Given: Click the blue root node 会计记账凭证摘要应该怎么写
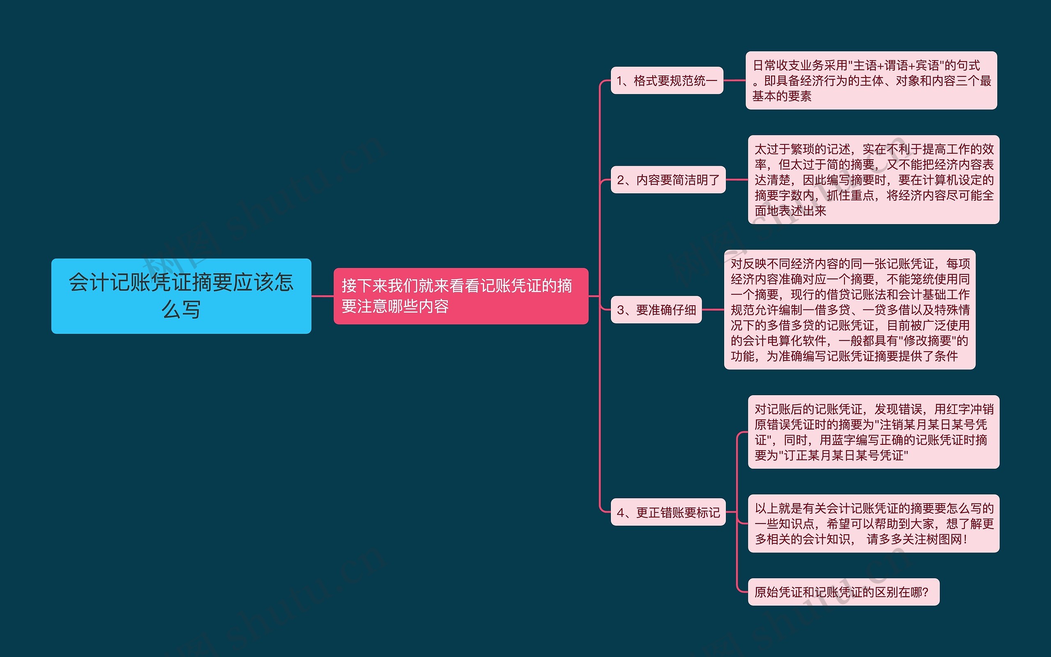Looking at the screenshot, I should point(181,296).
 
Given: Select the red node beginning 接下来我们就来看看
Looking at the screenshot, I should point(460,296).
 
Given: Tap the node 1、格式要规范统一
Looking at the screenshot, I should point(666,80).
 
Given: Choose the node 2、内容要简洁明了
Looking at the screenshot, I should point(668,179).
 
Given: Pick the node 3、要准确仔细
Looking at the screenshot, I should point(656,310).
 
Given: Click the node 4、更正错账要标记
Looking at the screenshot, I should point(668,512).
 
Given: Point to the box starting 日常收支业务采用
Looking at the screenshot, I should point(871,80).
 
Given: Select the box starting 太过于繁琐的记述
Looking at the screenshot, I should point(873,179).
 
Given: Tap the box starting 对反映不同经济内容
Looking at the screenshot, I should point(849,310).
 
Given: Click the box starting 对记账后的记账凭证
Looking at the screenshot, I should point(873,432).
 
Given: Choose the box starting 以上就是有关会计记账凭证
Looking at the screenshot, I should point(873,524).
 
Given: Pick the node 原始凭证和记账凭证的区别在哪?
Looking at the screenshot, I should point(843,592).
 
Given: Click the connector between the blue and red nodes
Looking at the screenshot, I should point(322,296).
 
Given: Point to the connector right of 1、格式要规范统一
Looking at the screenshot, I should point(734,80).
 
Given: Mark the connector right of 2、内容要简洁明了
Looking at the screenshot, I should point(737,179).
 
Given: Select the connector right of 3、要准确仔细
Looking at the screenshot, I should point(713,310).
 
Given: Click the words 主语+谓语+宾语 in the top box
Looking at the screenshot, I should point(900,66).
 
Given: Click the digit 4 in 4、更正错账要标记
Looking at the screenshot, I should point(621,513).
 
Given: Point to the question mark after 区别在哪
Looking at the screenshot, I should point(925,592).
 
